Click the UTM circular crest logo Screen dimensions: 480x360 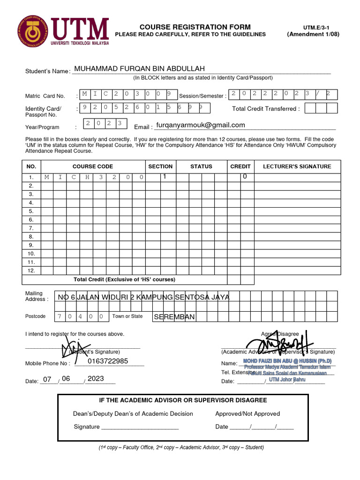(33, 32)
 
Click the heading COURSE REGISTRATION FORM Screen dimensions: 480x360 (195, 27)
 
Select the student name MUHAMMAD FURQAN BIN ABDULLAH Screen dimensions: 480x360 (140, 69)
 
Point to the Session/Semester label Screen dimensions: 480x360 (202, 96)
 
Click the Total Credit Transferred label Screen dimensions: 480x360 (266, 109)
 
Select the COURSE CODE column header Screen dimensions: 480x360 (92, 166)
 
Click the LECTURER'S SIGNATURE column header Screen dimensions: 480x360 (297, 166)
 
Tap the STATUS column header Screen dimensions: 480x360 (201, 166)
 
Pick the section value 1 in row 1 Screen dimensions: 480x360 (165, 177)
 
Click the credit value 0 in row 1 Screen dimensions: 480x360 (245, 177)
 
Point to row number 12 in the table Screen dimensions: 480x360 (31, 270)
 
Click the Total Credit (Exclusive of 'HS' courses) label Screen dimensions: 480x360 (124, 279)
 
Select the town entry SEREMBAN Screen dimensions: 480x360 (174, 317)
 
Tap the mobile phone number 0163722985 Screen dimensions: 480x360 (107, 361)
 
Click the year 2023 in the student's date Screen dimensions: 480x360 (96, 378)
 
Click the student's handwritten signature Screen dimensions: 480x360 (66, 347)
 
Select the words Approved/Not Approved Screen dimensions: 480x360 (247, 413)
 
